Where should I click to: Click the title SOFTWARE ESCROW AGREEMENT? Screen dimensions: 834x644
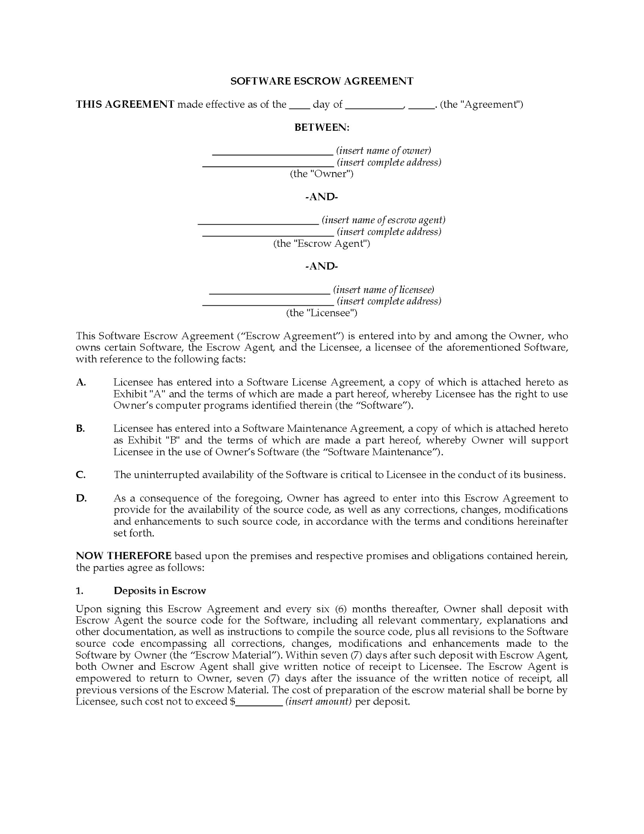[322, 81]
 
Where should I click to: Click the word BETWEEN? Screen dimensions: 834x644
[322, 127]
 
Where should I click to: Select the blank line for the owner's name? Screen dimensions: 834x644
[272, 152]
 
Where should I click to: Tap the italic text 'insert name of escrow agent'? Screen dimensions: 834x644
[383, 220]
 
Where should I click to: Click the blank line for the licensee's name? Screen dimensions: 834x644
[269, 291]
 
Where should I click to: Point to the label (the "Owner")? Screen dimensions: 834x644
[322, 174]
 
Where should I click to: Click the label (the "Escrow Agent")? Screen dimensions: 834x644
[322, 243]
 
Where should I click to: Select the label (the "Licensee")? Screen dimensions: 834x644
[322, 313]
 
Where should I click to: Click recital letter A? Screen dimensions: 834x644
[81, 382]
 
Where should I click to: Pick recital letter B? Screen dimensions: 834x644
[80, 429]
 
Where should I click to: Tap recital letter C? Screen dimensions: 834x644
[80, 475]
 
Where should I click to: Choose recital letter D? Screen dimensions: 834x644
[81, 498]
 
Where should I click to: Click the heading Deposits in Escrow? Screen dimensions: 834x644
[160, 591]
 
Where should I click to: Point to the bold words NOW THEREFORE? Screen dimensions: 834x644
[124, 556]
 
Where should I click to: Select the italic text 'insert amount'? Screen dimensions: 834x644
[318, 702]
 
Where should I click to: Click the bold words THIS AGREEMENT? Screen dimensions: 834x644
[125, 104]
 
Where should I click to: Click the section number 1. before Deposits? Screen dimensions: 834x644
[79, 591]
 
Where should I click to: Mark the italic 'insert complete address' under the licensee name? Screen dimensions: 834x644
[389, 301]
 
